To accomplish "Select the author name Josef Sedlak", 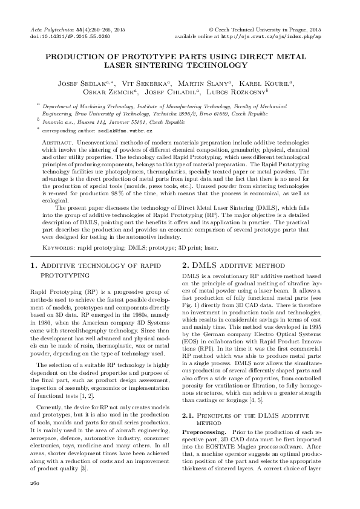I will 82,83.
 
